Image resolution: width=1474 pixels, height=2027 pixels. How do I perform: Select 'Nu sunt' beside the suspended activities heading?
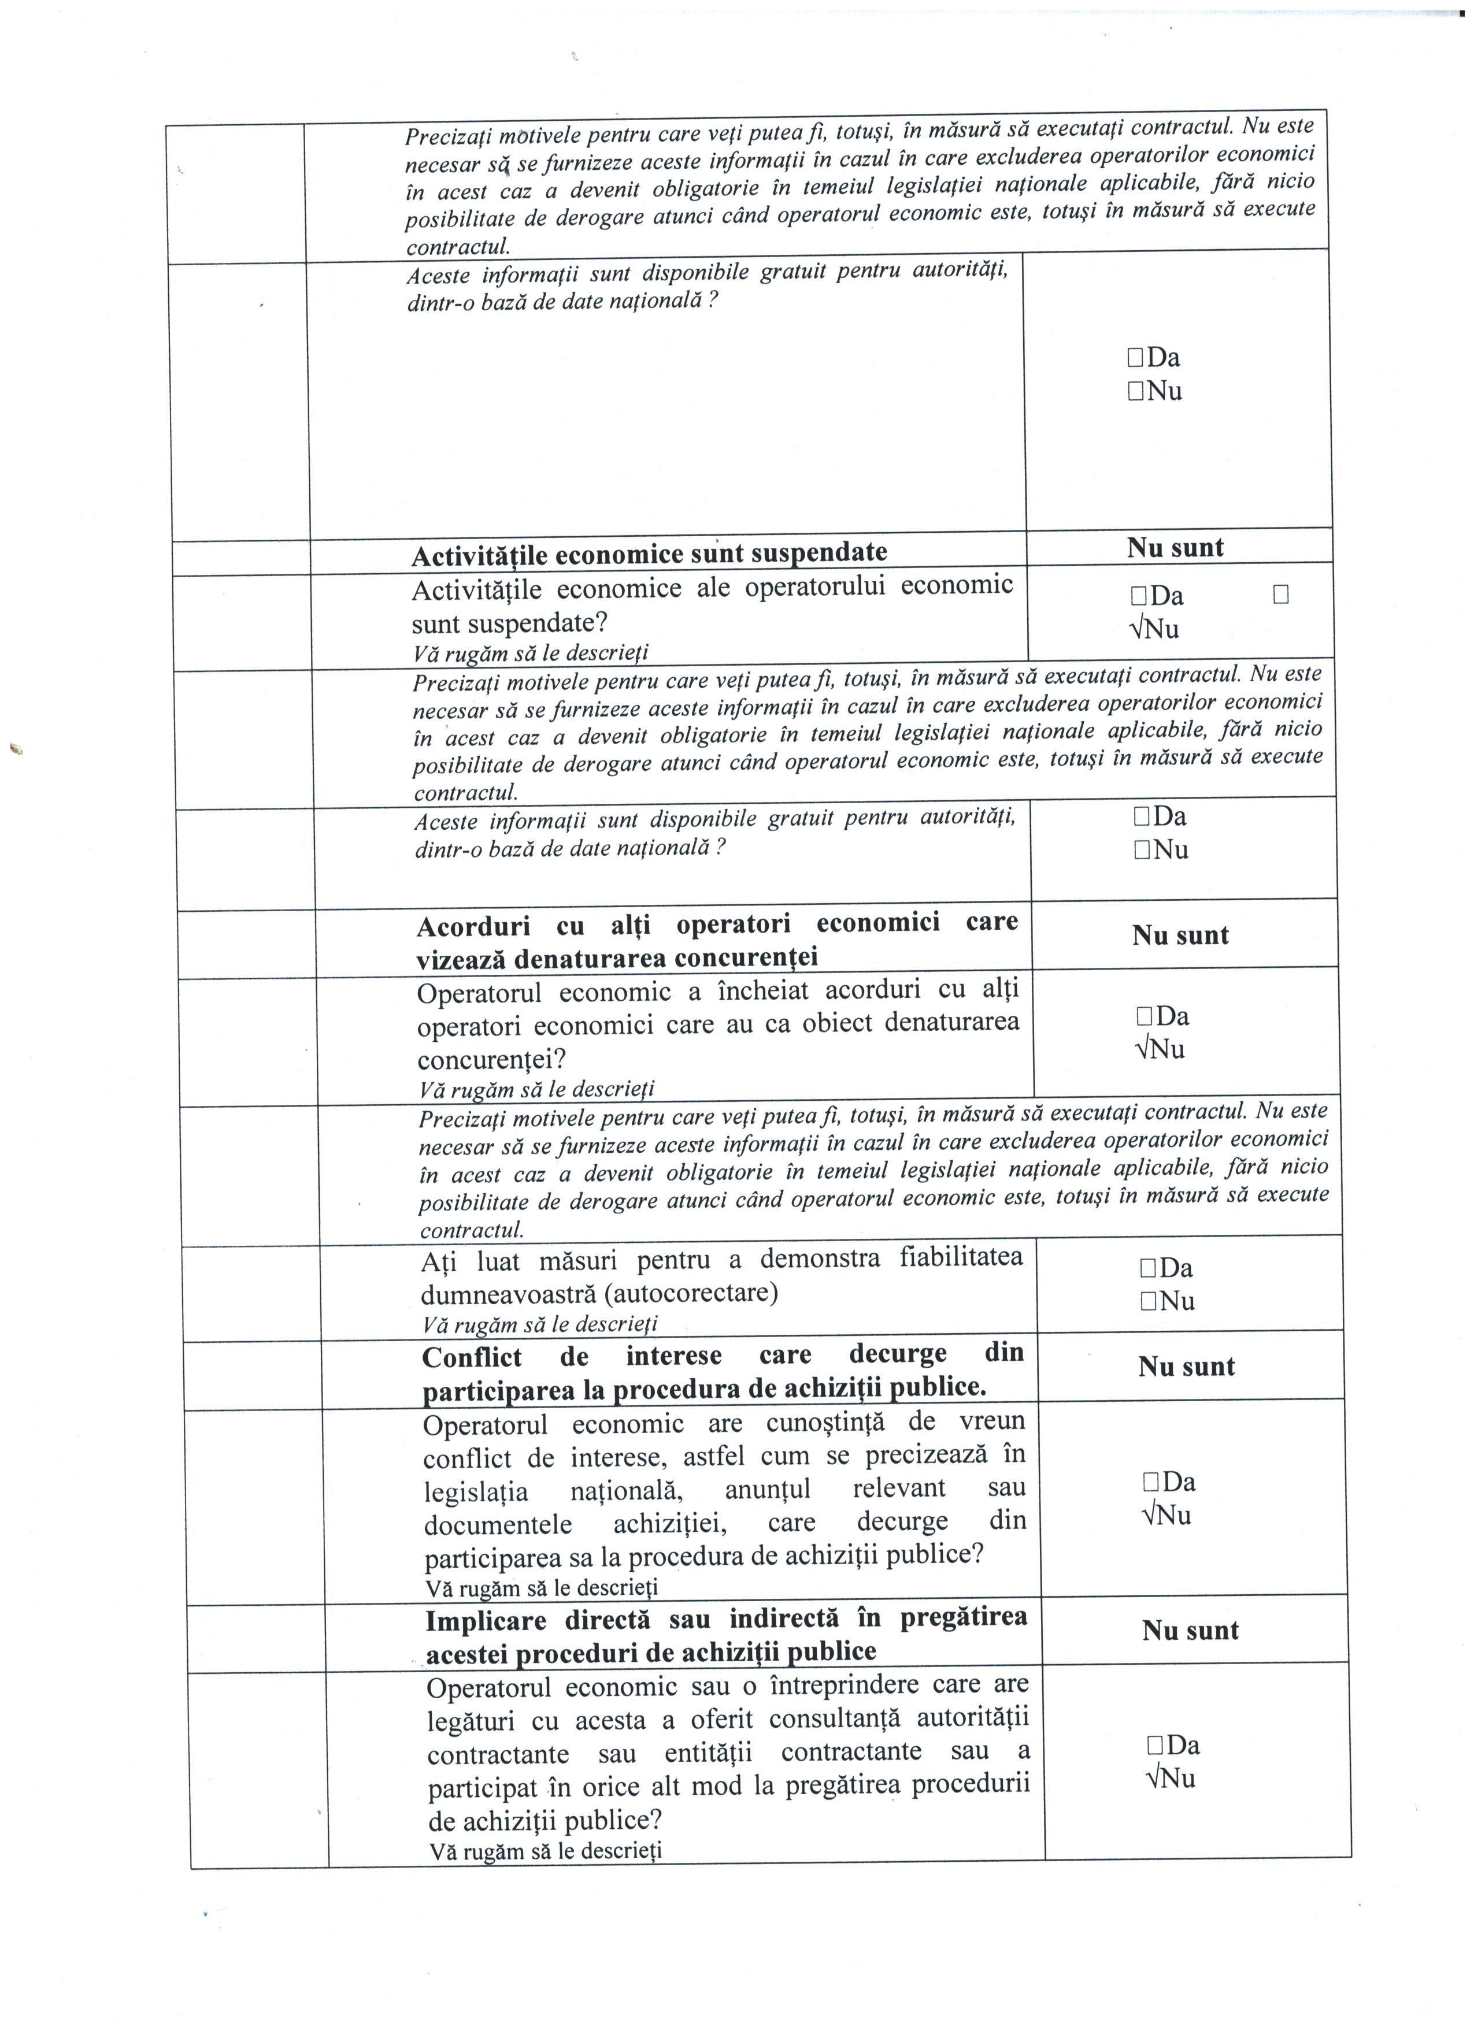pos(1175,548)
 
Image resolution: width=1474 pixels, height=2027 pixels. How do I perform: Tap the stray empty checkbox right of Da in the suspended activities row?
pos(1280,595)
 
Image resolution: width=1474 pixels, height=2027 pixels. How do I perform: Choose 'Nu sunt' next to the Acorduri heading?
pos(1180,935)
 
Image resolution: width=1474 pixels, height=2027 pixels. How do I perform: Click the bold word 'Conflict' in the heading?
pos(471,1357)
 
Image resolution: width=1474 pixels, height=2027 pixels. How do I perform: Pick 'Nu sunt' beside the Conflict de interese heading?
pos(1186,1367)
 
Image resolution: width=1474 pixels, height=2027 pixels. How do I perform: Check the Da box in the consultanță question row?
pos(1154,1746)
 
